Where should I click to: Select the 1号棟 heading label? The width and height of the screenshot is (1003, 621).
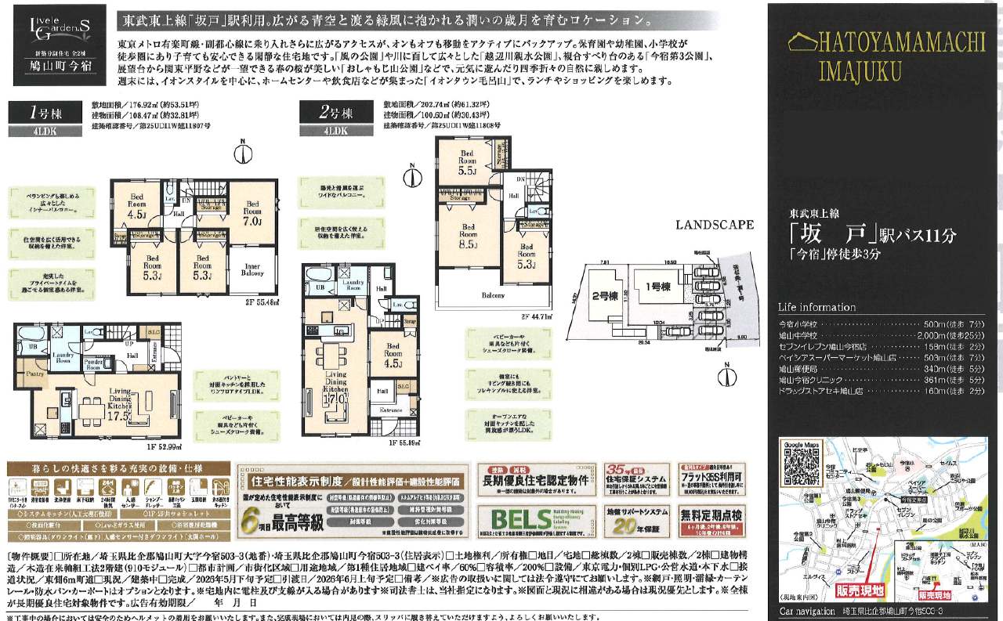[x=45, y=113]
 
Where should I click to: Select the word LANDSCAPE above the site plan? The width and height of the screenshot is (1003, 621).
[x=715, y=224]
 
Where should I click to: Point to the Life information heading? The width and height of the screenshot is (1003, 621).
[x=817, y=307]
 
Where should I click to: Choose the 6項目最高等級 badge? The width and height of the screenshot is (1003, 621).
[x=270, y=517]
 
